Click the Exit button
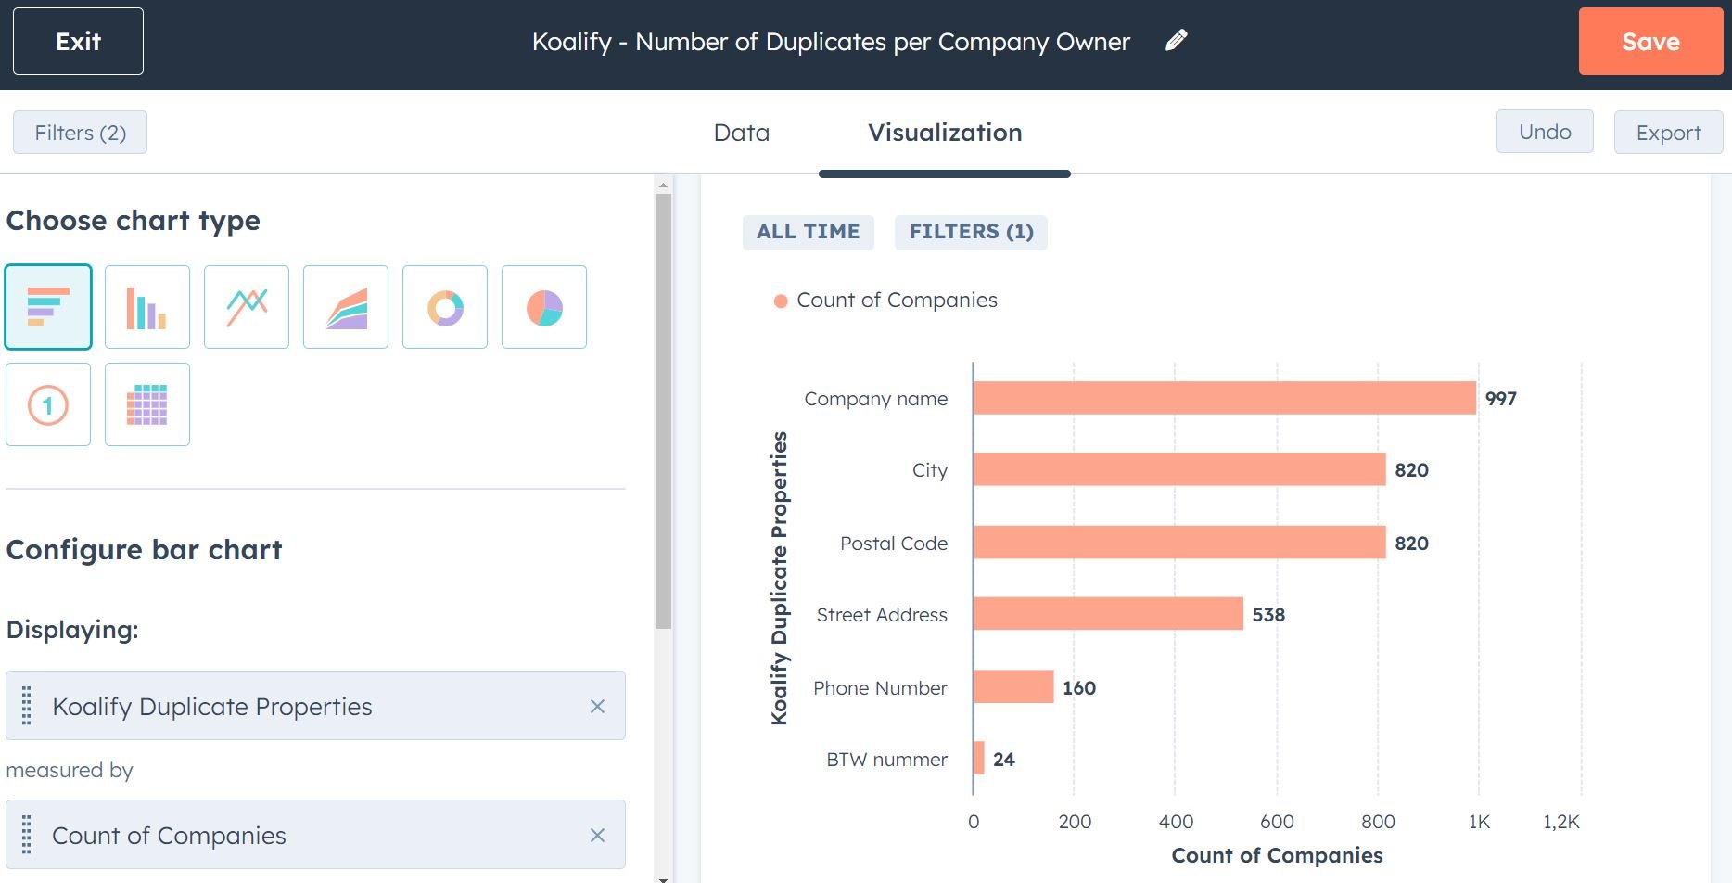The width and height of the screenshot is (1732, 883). tap(78, 42)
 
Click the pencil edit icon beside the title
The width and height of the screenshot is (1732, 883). tap(1176, 40)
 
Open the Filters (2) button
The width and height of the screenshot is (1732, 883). tap(80, 133)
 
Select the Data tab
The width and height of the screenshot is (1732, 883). tap(741, 133)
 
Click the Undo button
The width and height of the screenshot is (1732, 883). tap(1544, 132)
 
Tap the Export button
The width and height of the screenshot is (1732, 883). tap(1667, 133)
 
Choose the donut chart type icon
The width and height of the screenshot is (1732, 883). tap(445, 307)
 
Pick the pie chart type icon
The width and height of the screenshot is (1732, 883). tap(544, 307)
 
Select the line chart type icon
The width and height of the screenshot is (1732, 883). tap(247, 307)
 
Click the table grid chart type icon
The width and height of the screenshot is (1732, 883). tap(147, 404)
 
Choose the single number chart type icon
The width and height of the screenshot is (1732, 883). tap(48, 404)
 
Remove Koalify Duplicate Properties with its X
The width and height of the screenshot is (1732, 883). tap(597, 707)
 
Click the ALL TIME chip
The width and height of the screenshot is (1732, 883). tap(808, 232)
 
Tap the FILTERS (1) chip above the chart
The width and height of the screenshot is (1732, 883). tap(971, 232)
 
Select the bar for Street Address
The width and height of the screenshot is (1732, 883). tap(1107, 614)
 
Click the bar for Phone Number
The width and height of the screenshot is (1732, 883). tap(1012, 687)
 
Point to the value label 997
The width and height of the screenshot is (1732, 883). tap(1500, 399)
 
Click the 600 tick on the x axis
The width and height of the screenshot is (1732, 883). tap(1276, 822)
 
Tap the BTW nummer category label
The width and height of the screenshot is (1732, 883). tap(886, 760)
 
